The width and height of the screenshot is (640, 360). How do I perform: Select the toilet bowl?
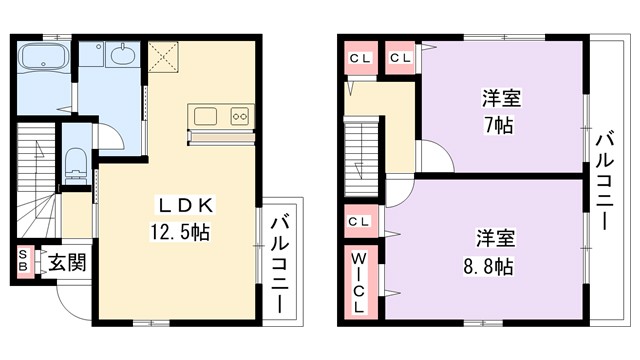click(x=76, y=163)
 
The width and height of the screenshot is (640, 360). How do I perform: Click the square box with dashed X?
click(x=162, y=56)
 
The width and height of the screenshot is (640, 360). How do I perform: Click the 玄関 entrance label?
click(x=66, y=263)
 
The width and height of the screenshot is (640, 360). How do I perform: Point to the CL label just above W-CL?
click(x=358, y=221)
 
